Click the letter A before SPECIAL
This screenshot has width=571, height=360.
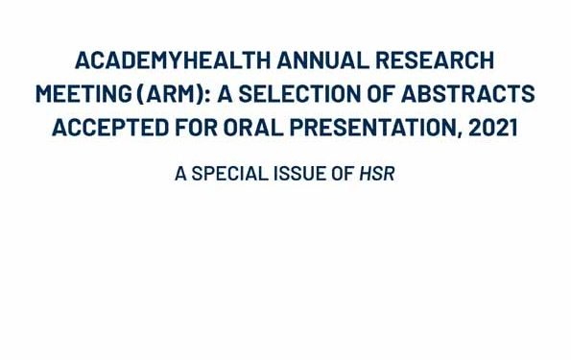coord(180,174)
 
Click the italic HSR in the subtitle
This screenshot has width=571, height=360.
coord(377,174)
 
